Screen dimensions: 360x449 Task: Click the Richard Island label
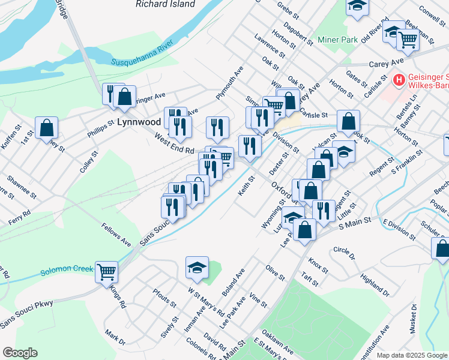click(x=165, y=4)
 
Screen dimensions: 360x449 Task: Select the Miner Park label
click(x=337, y=40)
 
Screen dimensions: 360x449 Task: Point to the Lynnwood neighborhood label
click(x=139, y=122)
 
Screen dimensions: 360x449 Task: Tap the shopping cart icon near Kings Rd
click(x=107, y=272)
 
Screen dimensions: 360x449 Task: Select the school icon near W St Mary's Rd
click(x=196, y=268)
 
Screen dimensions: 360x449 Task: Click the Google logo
click(x=20, y=353)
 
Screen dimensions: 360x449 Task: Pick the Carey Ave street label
click(x=386, y=62)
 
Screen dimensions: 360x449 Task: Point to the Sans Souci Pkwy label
click(x=26, y=313)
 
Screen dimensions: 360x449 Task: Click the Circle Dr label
click(x=344, y=254)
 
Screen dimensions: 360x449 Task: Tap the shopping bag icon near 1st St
click(x=46, y=128)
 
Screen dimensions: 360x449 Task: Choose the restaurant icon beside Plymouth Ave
click(x=217, y=127)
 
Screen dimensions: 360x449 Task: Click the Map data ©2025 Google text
click(x=412, y=355)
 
